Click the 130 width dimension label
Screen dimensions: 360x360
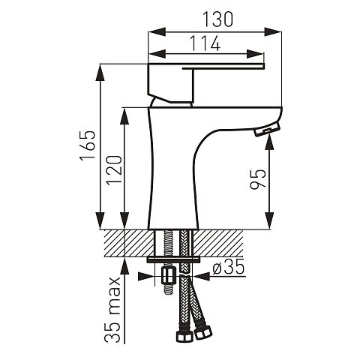pos(217,19)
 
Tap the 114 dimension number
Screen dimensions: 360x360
pos(205,43)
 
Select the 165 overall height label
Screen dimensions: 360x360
pos(88,145)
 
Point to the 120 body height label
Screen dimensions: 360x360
pos(114,170)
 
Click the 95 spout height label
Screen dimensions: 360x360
pos(258,179)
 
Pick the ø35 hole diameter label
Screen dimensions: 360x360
pos(228,266)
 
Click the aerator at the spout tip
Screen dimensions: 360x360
pos(267,128)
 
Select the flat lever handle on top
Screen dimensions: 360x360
pos(223,66)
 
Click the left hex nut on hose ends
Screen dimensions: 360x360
pos(184,336)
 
